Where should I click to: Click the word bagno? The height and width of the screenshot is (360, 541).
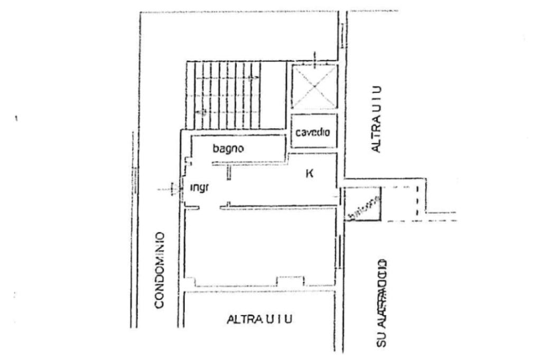coord(228,149)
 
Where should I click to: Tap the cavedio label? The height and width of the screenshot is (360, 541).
coord(313,132)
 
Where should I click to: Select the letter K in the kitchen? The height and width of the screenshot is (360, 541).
coord(310,172)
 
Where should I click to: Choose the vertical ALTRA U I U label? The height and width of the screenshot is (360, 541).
coord(376,119)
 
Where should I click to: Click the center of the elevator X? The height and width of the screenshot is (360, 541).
coord(314,87)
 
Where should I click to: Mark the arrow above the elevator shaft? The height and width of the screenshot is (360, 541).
coord(314,59)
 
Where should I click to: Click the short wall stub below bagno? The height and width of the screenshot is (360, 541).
coord(229,172)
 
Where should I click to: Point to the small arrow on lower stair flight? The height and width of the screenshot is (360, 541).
coord(201,112)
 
